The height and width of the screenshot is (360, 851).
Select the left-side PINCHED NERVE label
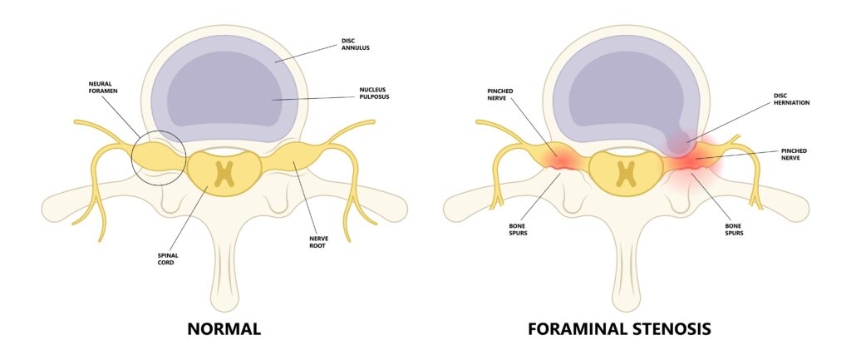point(503,93)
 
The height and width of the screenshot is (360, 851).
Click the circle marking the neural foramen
point(159,157)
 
